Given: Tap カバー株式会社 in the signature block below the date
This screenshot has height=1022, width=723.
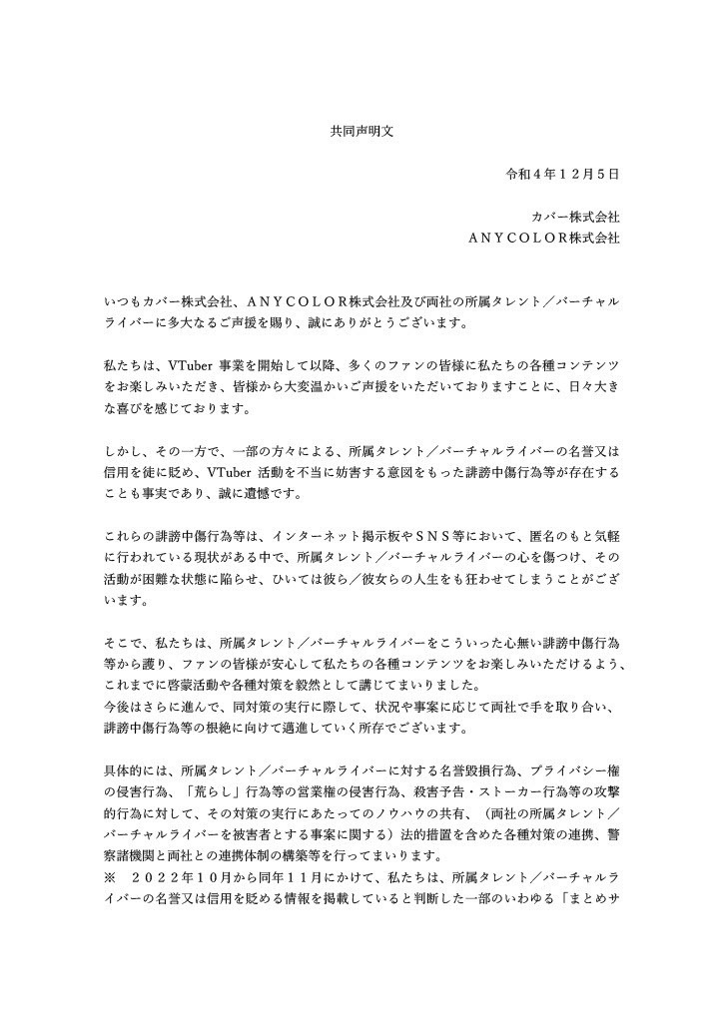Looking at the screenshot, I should (578, 218).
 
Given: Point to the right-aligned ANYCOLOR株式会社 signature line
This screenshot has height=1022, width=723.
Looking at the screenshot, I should (543, 240).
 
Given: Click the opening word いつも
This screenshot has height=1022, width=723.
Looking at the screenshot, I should (122, 302).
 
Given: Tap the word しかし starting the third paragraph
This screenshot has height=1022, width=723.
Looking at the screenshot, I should (122, 455).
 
